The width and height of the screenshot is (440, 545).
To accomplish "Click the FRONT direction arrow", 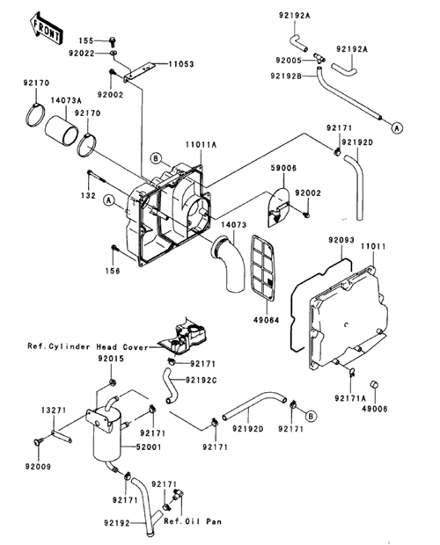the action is (46, 28).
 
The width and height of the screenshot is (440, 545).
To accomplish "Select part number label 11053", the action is (181, 64).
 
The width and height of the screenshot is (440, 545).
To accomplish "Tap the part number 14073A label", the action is (66, 101).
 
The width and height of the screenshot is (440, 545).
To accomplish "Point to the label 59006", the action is (283, 168).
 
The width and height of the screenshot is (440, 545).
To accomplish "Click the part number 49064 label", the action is (267, 320).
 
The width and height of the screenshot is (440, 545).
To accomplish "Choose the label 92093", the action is (341, 240).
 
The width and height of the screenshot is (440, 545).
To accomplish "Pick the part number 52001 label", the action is (150, 447).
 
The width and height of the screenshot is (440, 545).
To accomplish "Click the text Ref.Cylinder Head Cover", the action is (88, 347).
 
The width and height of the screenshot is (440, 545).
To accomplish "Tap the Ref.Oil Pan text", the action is (193, 521).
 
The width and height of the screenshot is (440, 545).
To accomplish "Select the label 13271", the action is (54, 411).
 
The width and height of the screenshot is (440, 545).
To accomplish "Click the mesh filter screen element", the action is (263, 267).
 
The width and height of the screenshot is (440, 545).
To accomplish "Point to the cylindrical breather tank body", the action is (107, 434).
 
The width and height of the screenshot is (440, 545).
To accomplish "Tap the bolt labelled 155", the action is (113, 40).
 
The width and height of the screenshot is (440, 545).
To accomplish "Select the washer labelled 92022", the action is (113, 53).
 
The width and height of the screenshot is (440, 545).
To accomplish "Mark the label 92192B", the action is (286, 75).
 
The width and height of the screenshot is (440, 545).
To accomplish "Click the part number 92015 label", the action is (111, 359).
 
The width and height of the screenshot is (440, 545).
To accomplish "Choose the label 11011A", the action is (201, 144).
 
